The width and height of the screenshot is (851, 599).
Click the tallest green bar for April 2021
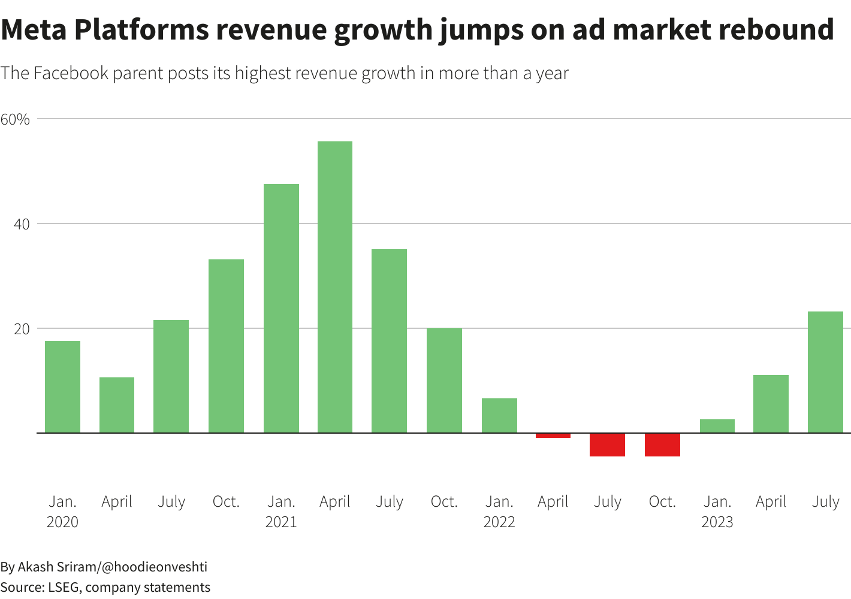pos(335,287)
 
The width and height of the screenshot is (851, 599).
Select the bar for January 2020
pos(62,386)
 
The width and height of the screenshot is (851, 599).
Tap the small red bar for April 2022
pos(553,435)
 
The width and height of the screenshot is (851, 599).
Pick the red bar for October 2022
pos(662,444)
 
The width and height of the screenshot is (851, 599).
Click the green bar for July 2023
pos(825,372)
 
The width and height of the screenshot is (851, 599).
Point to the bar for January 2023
pos(717,426)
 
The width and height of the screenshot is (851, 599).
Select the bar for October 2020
pos(226,346)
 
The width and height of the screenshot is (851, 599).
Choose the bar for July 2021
pos(389,341)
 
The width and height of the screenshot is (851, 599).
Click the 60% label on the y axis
pos(15,119)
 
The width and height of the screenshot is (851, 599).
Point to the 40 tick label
pos(22,224)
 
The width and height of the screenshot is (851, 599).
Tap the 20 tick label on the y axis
pos(22,329)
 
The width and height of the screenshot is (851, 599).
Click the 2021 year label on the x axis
pos(281,522)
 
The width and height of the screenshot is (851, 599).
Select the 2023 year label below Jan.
pos(717,522)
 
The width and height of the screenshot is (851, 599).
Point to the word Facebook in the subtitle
pos(71,73)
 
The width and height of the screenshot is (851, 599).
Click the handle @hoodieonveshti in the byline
pos(155,567)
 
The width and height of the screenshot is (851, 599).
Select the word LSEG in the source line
pos(64,587)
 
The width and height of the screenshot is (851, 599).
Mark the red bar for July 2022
pos(607,444)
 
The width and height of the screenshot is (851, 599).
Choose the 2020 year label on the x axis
pos(62,522)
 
